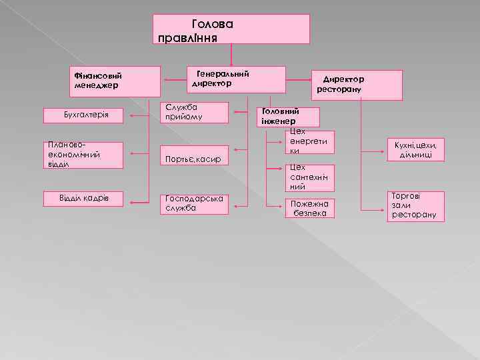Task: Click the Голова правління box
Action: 231,29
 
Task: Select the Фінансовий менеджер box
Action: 117,81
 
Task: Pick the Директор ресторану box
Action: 359,85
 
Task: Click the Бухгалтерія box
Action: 85,116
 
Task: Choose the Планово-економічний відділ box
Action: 85,154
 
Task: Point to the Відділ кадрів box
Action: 85,199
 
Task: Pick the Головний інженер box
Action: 289,117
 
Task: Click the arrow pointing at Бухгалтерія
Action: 140,116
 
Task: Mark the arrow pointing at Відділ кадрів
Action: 140,200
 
